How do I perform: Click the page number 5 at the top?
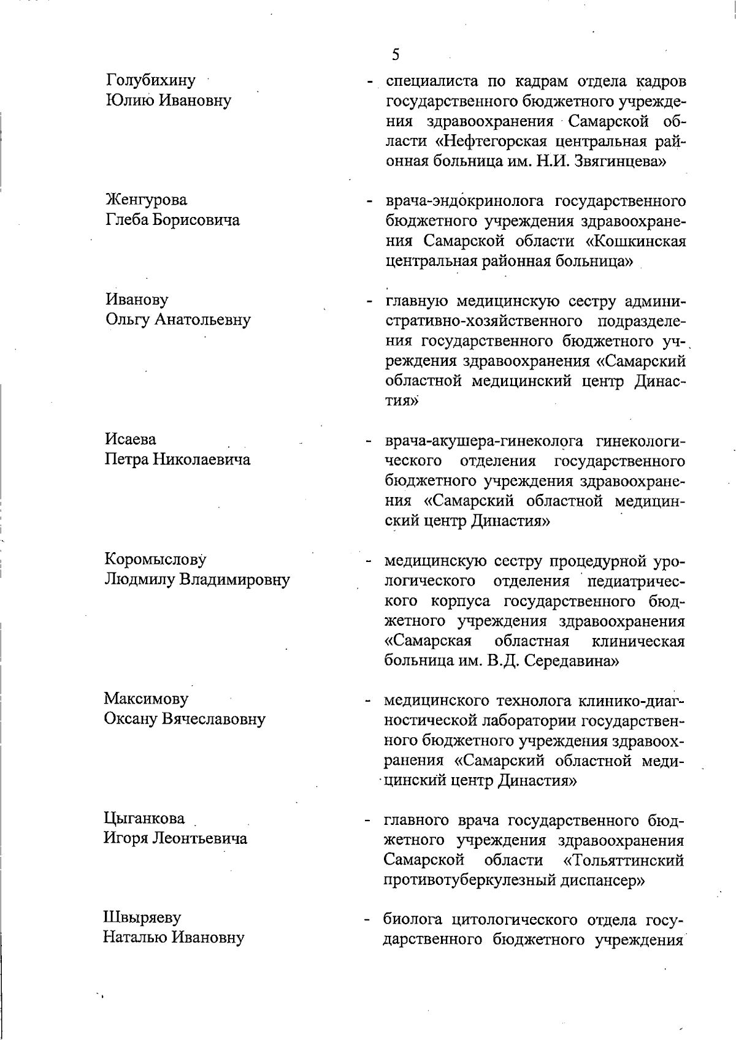pyautogui.click(x=396, y=55)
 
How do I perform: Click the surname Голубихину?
pyautogui.click(x=151, y=80)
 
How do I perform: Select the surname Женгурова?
pyautogui.click(x=147, y=200)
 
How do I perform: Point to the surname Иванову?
pyautogui.click(x=137, y=300)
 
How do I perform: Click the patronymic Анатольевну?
pyautogui.click(x=202, y=320)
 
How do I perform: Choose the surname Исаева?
pyautogui.click(x=131, y=439)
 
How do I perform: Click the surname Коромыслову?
pyautogui.click(x=155, y=560)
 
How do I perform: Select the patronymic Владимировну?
pyautogui.click(x=234, y=580)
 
